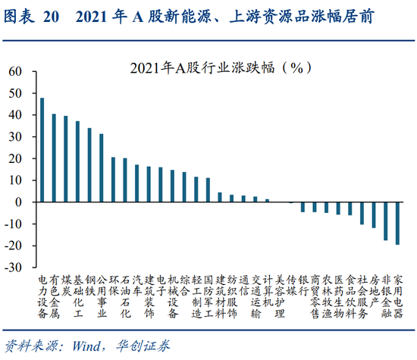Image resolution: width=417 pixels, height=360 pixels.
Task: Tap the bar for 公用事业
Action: click(x=102, y=167)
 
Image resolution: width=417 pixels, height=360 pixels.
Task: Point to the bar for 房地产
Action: click(x=374, y=216)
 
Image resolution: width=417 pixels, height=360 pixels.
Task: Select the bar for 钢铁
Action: click(x=89, y=164)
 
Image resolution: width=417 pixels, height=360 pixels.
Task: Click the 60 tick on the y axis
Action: click(x=16, y=71)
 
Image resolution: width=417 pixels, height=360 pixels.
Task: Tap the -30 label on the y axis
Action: click(x=14, y=268)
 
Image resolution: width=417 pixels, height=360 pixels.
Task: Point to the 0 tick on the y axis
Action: click(x=20, y=202)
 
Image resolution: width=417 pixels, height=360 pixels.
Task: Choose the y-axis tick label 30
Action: click(x=16, y=136)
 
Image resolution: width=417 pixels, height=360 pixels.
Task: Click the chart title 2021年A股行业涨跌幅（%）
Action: click(x=208, y=67)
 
